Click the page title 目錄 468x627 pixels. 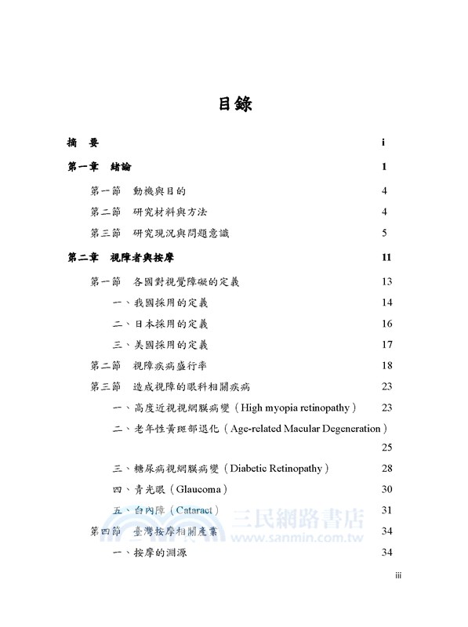pyautogui.click(x=234, y=103)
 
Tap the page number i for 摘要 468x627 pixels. pyautogui.click(x=383, y=143)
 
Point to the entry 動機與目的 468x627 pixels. pyautogui.click(x=160, y=190)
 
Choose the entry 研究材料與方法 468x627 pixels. pyautogui.click(x=170, y=212)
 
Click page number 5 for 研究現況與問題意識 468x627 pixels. pyautogui.click(x=385, y=234)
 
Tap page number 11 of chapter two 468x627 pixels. pyautogui.click(x=385, y=258)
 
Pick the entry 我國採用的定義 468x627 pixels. pyautogui.click(x=165, y=303)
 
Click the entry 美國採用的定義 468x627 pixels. pyautogui.click(x=165, y=345)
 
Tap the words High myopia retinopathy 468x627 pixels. pyautogui.click(x=297, y=408)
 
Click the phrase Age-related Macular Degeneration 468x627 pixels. pyautogui.click(x=306, y=429)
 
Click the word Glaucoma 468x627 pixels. pyautogui.click(x=201, y=490)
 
